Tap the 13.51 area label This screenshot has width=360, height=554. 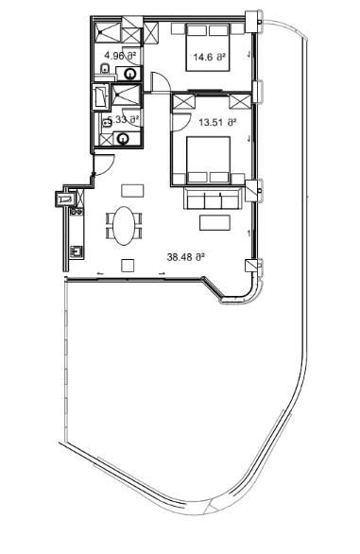pyautogui.click(x=214, y=122)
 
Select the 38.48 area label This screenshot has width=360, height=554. pyautogui.click(x=186, y=256)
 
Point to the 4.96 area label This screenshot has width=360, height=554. pyautogui.click(x=120, y=56)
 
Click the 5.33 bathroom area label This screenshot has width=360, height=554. pyautogui.click(x=124, y=120)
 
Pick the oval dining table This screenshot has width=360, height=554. pyautogui.click(x=126, y=226)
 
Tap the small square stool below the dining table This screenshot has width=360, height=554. pyautogui.click(x=126, y=264)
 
